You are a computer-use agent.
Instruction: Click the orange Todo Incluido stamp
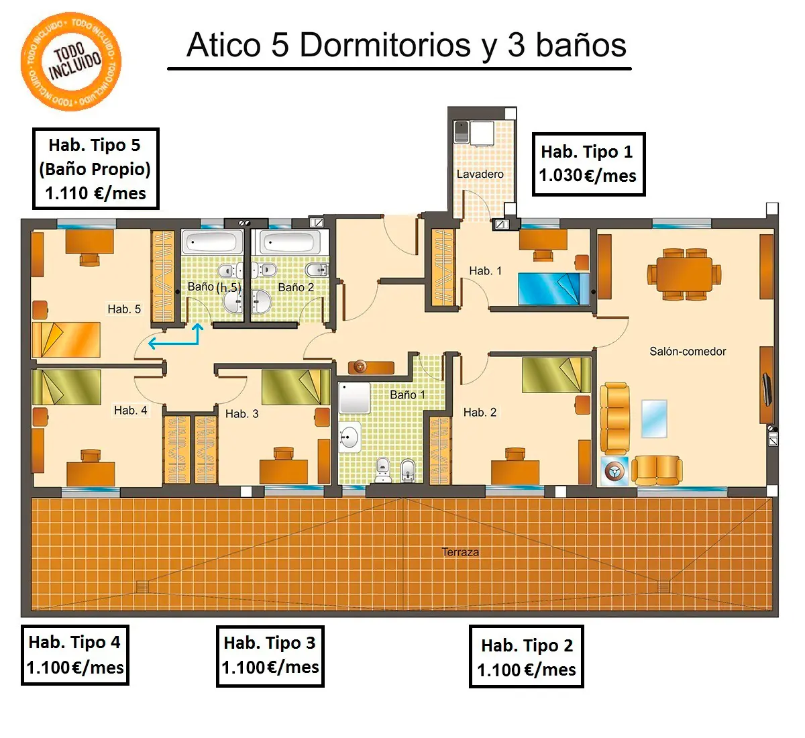71,62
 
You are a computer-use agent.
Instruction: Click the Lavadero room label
480,174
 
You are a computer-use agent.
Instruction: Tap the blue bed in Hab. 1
554,288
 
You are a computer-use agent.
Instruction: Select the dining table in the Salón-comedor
684,274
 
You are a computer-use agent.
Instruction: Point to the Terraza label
460,552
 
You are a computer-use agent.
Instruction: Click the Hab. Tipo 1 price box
589,164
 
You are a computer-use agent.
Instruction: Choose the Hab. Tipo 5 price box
96,168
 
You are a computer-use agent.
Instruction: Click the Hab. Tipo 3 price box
270,656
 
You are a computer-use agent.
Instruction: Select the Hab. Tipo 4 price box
75,655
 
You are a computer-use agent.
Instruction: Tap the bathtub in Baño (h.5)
212,242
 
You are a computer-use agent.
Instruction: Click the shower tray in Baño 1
354,397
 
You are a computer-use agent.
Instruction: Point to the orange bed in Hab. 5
66,339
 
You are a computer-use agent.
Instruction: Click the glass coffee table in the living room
653,419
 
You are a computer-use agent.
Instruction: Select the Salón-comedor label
688,352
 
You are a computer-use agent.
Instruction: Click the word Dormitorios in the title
385,45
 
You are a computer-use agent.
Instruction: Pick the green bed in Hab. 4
66,387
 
